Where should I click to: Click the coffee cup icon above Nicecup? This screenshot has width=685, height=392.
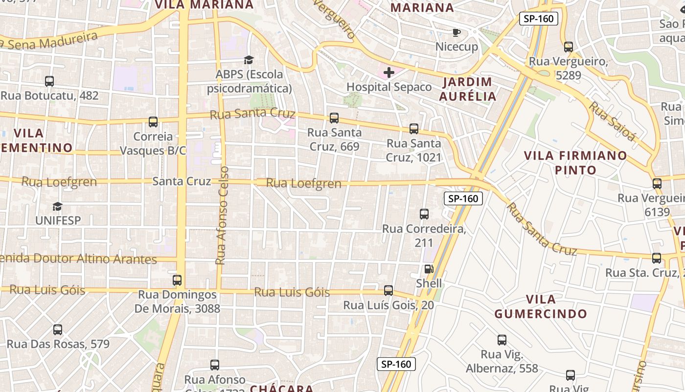click(456, 33)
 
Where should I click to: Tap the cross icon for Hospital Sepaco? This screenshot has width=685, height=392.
click(389, 73)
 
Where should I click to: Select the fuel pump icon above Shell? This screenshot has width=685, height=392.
click(429, 269)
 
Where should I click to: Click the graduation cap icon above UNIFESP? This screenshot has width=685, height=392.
click(58, 206)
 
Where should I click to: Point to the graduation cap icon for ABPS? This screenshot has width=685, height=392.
click(249, 60)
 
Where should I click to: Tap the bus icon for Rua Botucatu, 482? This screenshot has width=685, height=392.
click(49, 81)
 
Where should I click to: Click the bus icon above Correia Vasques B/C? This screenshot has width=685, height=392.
click(153, 122)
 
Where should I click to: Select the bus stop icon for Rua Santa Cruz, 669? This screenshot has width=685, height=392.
click(334, 118)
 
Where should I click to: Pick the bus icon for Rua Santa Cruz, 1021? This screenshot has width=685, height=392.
click(414, 129)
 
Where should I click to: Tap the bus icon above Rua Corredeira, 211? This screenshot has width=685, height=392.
click(424, 214)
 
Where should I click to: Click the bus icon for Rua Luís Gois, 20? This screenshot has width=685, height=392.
click(388, 291)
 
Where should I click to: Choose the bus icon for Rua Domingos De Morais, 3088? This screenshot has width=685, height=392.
click(177, 280)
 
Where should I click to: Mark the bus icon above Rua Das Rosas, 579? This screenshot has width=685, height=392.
click(58, 330)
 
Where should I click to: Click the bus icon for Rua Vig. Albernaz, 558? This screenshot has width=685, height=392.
click(502, 340)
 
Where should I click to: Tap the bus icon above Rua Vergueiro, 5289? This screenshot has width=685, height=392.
click(569, 47)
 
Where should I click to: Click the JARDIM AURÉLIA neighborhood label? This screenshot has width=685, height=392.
click(467, 89)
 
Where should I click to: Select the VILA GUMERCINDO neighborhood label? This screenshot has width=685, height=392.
click(540, 307)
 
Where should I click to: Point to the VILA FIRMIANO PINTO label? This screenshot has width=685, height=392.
click(575, 163)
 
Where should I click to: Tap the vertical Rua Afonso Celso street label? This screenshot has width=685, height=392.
click(222, 216)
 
